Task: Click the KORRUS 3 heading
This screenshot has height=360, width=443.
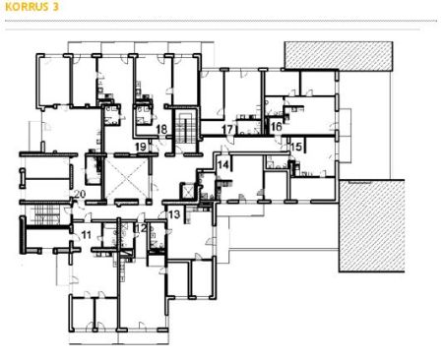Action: [x=32, y=7]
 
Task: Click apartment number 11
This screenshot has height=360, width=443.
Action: [x=86, y=235]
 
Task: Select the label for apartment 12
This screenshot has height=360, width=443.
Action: [x=142, y=228]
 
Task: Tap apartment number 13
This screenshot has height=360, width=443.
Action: [x=174, y=214]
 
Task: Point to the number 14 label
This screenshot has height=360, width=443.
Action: [x=223, y=164]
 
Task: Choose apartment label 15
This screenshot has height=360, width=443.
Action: [x=296, y=147]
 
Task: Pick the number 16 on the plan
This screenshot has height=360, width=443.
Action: [x=277, y=127]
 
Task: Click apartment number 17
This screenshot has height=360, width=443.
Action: [x=227, y=129]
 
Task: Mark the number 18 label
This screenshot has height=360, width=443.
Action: [x=161, y=129]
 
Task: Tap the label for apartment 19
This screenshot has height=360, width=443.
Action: [x=141, y=147]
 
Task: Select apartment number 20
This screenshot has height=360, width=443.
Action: [x=80, y=194]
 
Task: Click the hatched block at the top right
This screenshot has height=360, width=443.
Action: [x=339, y=56]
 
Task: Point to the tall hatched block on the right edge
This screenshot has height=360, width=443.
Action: [x=371, y=225]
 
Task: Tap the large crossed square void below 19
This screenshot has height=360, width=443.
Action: [x=127, y=179]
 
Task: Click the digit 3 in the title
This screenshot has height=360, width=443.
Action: [x=55, y=7]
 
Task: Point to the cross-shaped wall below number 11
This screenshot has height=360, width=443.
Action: [x=71, y=251]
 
